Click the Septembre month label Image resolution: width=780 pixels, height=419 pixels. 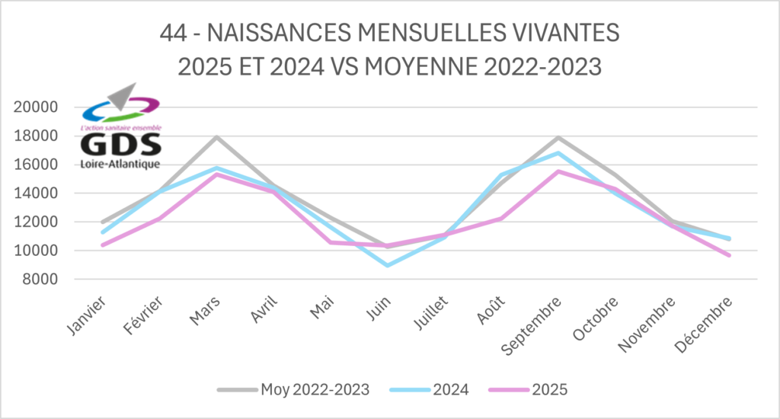533,324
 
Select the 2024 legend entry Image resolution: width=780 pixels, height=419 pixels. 450,389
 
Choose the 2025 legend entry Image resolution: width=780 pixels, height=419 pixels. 549,389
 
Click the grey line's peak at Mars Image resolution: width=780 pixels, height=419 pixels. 216,137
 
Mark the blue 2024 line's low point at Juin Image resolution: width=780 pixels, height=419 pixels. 388,265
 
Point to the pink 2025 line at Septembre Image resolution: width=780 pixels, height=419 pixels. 558,171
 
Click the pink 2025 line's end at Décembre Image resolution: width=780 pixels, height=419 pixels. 729,255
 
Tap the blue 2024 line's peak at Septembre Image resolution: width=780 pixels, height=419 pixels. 558,153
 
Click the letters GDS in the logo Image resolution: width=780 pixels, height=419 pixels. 120,146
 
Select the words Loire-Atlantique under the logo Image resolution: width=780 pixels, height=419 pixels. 120,165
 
